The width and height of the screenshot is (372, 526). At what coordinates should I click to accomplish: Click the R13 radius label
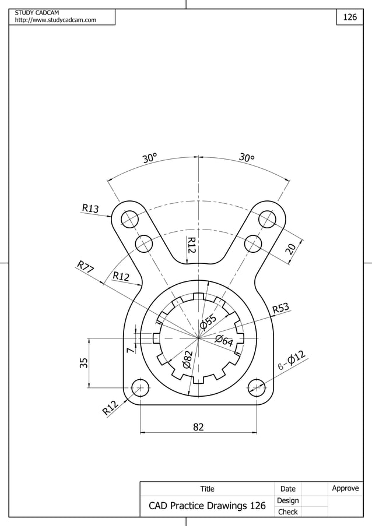pyautogui.click(x=90, y=208)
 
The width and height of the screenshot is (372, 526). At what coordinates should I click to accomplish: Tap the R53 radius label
pyautogui.click(x=281, y=308)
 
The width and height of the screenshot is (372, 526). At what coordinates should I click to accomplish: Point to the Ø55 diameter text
pyautogui.click(x=208, y=321)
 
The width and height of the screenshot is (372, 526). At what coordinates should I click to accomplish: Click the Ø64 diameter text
pyautogui.click(x=224, y=341)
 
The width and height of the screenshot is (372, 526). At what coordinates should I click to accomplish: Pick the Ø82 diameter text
pyautogui.click(x=187, y=359)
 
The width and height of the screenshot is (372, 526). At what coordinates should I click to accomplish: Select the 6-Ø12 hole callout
pyautogui.click(x=292, y=361)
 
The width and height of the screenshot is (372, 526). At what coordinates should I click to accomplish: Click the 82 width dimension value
pyautogui.click(x=198, y=427)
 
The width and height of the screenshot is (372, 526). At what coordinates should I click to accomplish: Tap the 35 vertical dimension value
pyautogui.click(x=84, y=363)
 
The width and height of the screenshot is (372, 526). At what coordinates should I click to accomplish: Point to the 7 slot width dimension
pyautogui.click(x=129, y=350)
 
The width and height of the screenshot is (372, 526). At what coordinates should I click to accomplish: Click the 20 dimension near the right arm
pyautogui.click(x=291, y=249)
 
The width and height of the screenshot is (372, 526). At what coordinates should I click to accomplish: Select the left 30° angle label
pyautogui.click(x=150, y=158)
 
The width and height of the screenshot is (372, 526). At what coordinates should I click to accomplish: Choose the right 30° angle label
pyautogui.click(x=247, y=158)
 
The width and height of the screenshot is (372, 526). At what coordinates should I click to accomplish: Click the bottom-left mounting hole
pyautogui.click(x=140, y=387)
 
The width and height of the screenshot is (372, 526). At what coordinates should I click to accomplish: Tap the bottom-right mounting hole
pyautogui.click(x=257, y=387)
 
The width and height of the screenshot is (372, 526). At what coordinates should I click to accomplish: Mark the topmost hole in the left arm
pyautogui.click(x=129, y=220)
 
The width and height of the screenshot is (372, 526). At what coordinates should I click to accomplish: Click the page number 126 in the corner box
pyautogui.click(x=349, y=17)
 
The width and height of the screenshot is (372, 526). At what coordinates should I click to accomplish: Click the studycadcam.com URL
pyautogui.click(x=55, y=20)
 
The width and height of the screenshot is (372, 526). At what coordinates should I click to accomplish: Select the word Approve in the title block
pyautogui.click(x=345, y=488)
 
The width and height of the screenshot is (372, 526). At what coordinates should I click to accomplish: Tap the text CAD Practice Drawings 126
pyautogui.click(x=207, y=506)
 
